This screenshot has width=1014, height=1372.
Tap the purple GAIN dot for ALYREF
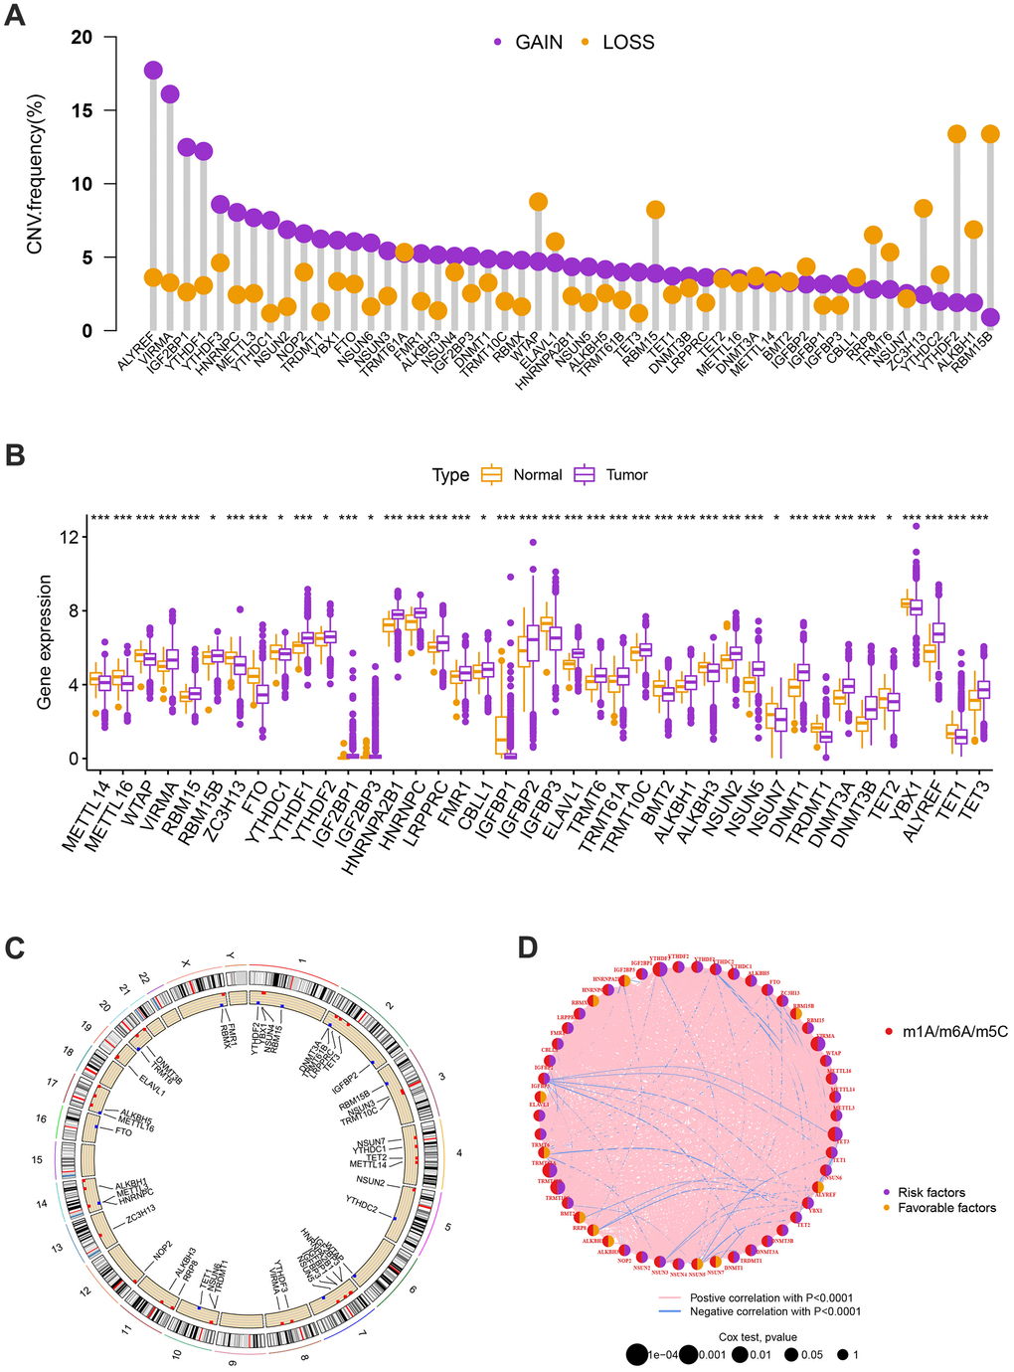[x=153, y=70]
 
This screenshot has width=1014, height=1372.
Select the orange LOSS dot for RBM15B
[x=990, y=133]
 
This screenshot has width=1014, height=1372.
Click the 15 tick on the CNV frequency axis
[x=82, y=110]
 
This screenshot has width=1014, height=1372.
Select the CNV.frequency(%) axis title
[x=36, y=174]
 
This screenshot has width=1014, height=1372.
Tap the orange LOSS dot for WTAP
[x=538, y=202]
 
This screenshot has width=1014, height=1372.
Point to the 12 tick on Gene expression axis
[x=67, y=537]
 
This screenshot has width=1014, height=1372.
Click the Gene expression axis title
[x=44, y=644]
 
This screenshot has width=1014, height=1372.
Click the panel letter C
[x=15, y=947]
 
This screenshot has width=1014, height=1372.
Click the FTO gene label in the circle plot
[x=123, y=1132]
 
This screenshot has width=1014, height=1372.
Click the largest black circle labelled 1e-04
[x=637, y=1354]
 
